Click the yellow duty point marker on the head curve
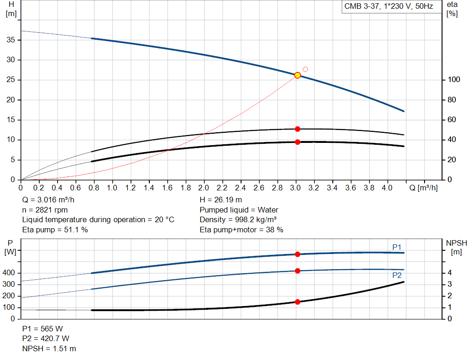coord(297,75)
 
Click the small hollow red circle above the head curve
coord(305,69)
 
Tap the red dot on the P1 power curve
coord(297,254)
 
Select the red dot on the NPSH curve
coord(297,302)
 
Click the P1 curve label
coord(397,247)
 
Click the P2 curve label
coord(397,276)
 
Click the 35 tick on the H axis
coord(11,40)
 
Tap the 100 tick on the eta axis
coord(454,79)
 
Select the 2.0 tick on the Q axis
coord(203,188)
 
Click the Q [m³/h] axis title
coord(423,188)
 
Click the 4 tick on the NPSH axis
coord(449,273)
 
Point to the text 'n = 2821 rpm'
coord(45,210)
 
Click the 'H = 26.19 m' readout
coord(221,200)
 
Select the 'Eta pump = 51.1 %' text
coord(55,230)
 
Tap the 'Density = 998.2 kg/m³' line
coord(238,220)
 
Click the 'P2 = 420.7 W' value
coord(46,339)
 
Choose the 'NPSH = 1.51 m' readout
coord(49,348)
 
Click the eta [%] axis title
coord(452,9)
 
